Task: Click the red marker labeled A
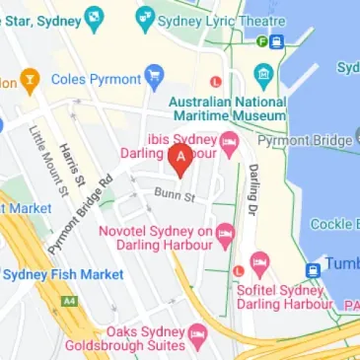click(180, 157)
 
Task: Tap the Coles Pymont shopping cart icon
click(153, 75)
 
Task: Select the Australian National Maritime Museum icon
click(262, 75)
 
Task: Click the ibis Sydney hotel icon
click(229, 145)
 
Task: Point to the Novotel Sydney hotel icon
click(225, 233)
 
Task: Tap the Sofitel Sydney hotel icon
click(259, 263)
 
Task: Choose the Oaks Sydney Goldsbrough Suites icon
click(196, 334)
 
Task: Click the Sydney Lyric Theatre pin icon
click(145, 18)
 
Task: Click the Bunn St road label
click(176, 197)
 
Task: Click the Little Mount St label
click(46, 157)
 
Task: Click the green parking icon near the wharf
click(261, 41)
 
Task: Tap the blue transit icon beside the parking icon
click(276, 41)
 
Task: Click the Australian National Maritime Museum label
click(227, 108)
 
